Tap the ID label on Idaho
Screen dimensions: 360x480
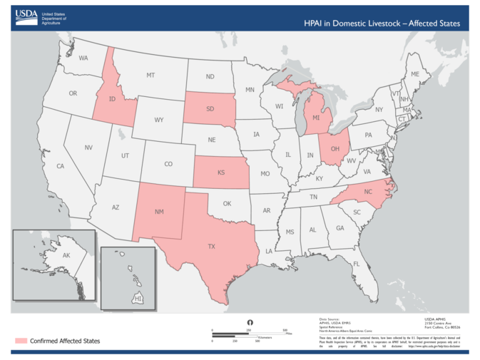coord(112,100)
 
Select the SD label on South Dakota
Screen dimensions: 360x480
coord(210,110)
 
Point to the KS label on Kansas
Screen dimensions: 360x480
coord(221,173)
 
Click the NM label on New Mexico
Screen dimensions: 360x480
coord(160,212)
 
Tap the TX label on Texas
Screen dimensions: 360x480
coord(211,246)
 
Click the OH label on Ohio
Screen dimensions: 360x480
coord(334,149)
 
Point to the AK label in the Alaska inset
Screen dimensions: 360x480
coord(66,255)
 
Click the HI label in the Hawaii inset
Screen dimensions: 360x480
coord(138,298)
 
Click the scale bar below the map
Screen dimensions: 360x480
coord(249,333)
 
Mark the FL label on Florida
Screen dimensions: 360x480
coord(355,264)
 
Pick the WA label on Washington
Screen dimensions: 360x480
coord(83,58)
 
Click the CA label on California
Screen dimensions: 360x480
coord(61,166)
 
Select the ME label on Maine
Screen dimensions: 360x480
coord(414,74)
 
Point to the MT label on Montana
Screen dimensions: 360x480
coord(150,75)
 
